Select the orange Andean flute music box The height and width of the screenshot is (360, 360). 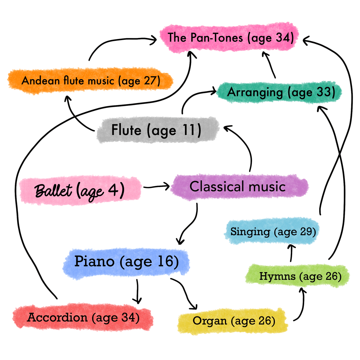coord(91,81)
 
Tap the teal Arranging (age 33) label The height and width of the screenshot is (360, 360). coord(279,92)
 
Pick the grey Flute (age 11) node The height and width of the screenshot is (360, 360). coord(156,130)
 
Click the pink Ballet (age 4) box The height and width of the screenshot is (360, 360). coord(80,190)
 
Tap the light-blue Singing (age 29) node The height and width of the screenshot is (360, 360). coord(273,232)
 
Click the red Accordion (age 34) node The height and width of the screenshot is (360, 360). coord(83,318)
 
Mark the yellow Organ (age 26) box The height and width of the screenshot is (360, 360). coord(233,321)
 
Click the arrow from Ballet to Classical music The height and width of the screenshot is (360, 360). coord(156,187)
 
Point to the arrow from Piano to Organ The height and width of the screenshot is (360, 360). coord(185,292)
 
